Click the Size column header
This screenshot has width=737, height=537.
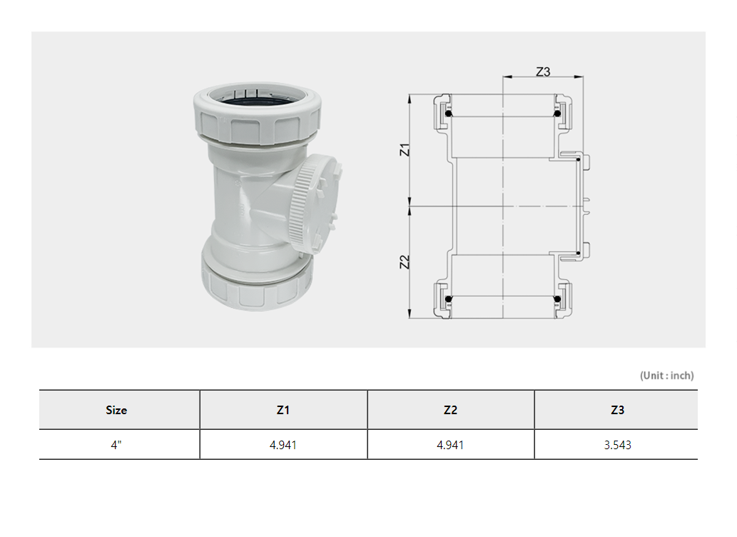tap(116, 410)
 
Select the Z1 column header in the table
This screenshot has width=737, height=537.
tap(283, 410)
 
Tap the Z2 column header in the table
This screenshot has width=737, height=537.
tap(450, 410)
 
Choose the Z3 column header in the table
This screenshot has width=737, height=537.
tap(617, 410)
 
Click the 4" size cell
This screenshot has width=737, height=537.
tap(116, 445)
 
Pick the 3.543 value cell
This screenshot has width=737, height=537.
tap(617, 445)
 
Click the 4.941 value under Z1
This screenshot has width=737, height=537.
tap(283, 445)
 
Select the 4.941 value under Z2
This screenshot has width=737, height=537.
tap(450, 445)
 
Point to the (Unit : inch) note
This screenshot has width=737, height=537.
tap(666, 376)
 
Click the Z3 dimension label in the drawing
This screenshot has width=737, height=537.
tap(543, 71)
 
